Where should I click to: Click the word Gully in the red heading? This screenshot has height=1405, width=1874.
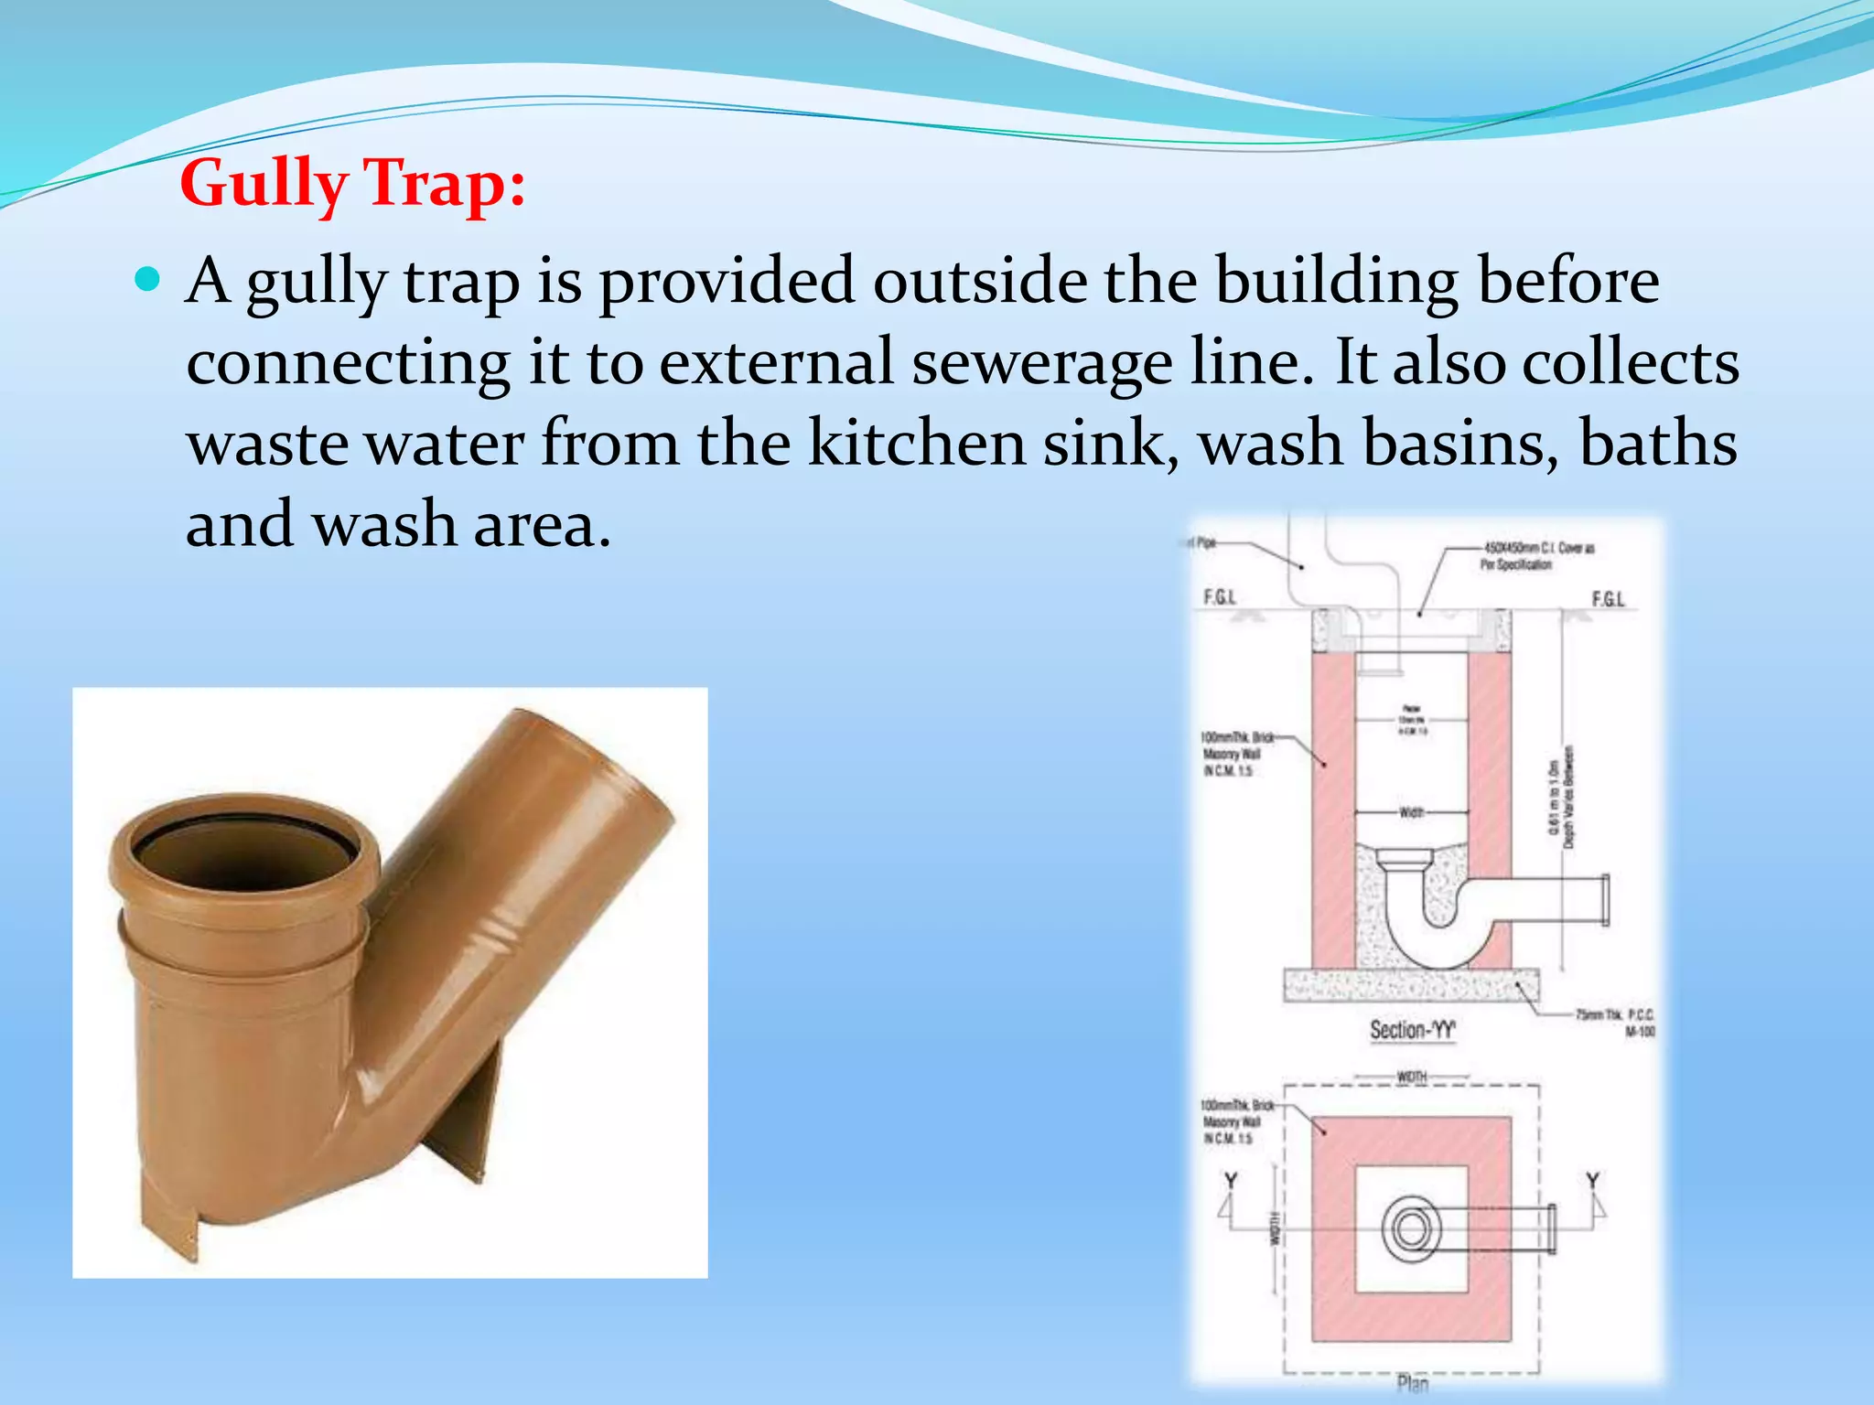click(x=264, y=184)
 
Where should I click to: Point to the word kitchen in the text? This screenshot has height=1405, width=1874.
click(x=916, y=443)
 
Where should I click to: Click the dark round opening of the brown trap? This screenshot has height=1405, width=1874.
click(x=242, y=851)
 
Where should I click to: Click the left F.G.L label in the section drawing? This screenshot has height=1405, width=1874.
click(x=1220, y=597)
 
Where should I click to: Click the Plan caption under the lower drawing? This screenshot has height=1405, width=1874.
click(x=1413, y=1383)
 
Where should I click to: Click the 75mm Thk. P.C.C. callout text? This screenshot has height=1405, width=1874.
click(x=1615, y=1022)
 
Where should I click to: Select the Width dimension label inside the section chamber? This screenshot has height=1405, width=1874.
click(x=1411, y=812)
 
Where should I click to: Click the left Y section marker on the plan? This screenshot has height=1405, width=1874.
click(x=1231, y=1181)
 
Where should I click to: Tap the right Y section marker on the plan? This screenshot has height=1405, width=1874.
click(x=1593, y=1181)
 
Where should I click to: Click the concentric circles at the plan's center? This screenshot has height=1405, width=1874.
click(x=1411, y=1228)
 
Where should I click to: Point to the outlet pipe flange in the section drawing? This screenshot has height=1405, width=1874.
click(x=1603, y=901)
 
